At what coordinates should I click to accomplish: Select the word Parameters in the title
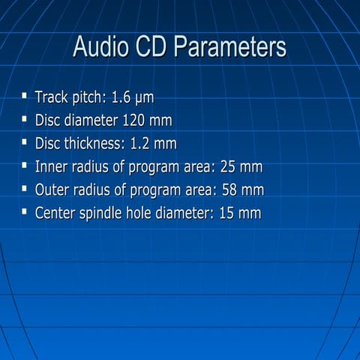232,47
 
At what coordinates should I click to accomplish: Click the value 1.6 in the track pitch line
122,97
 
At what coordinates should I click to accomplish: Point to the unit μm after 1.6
145,98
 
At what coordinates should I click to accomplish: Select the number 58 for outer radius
231,190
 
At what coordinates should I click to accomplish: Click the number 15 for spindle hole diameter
227,213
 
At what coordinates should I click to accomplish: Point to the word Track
52,97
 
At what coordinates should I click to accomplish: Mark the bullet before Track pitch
25,96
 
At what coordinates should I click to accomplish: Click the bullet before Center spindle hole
25,211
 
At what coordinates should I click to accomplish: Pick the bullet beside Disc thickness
25,142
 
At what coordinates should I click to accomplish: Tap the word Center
57,213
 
